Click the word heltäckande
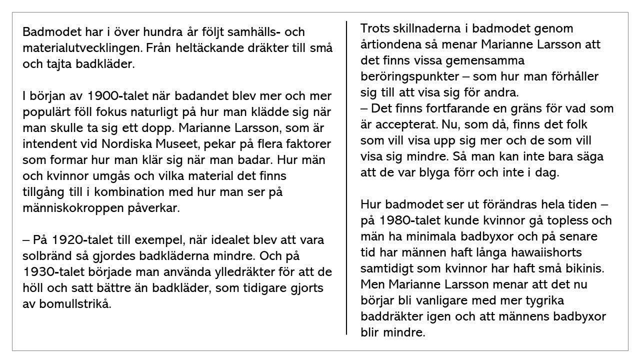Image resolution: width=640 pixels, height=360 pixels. [208, 48]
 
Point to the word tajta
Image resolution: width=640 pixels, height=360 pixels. [58, 64]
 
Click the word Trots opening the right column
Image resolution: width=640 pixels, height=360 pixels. [375, 28]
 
